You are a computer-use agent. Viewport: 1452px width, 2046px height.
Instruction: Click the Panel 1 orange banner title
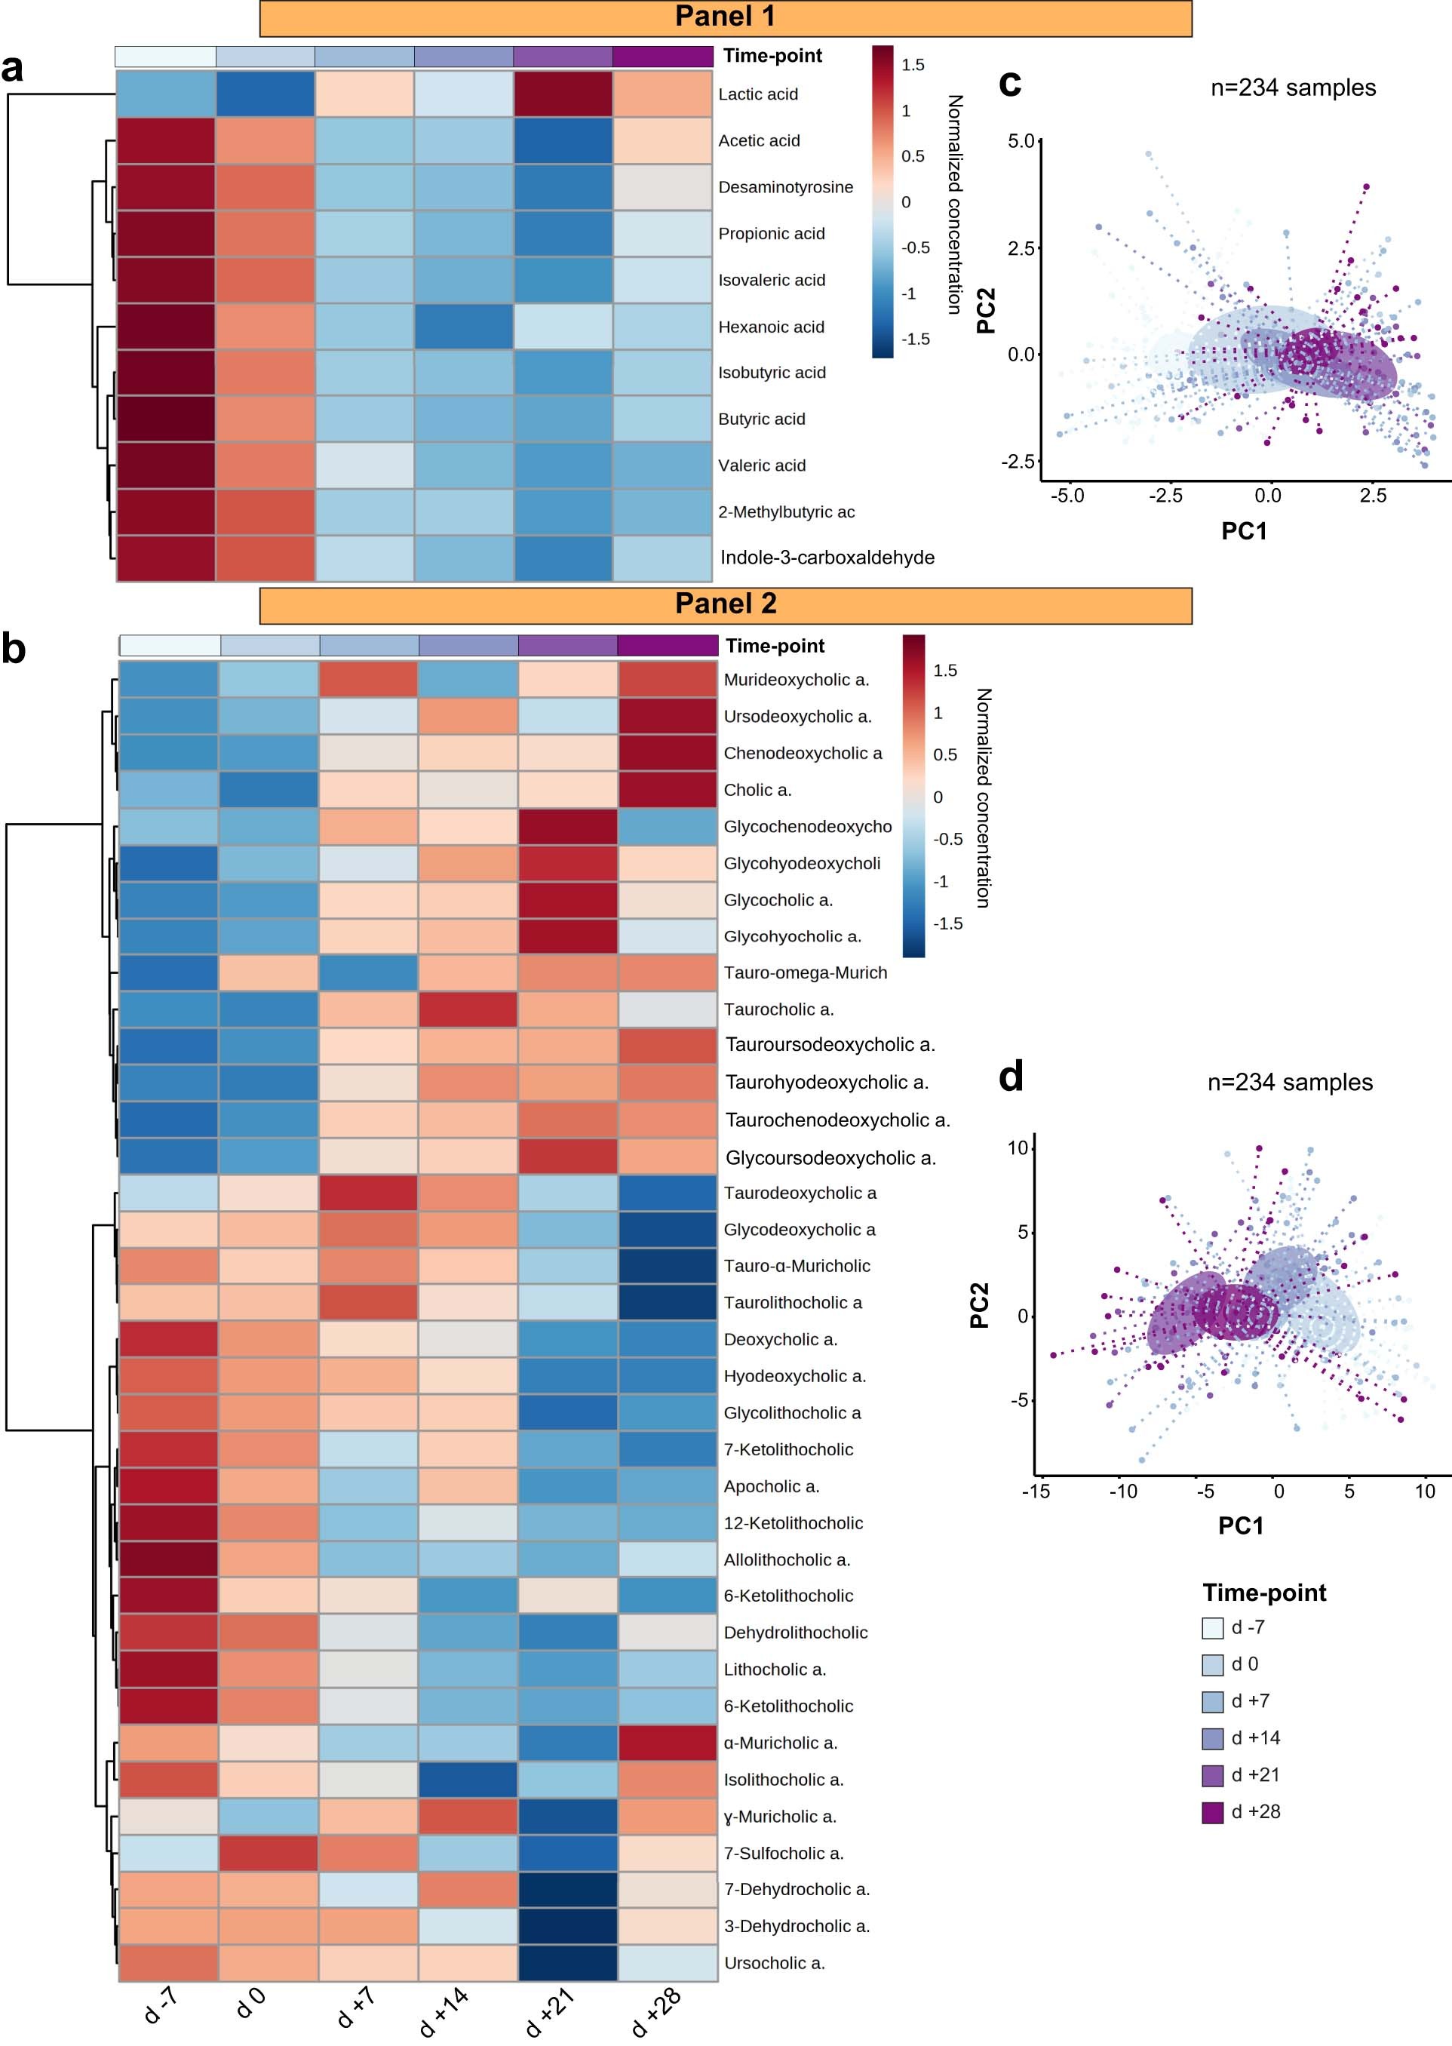coord(724,17)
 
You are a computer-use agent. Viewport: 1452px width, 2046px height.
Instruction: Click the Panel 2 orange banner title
coord(724,604)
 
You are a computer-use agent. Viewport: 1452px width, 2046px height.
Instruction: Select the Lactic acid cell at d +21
coord(563,94)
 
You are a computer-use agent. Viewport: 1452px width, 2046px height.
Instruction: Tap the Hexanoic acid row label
coord(771,327)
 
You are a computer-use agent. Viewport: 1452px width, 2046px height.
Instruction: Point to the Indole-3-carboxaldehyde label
coord(827,557)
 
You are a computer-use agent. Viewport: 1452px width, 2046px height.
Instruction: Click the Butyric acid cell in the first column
coord(165,419)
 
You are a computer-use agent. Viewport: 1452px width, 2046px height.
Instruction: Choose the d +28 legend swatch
coord(1211,1811)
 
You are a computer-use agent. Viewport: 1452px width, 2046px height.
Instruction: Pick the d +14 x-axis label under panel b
coord(444,2012)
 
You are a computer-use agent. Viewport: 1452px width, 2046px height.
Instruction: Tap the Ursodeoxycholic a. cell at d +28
coord(667,715)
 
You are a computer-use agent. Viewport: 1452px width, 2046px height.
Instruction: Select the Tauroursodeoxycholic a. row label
coord(830,1044)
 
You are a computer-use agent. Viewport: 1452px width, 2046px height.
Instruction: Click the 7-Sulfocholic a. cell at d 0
coord(269,1853)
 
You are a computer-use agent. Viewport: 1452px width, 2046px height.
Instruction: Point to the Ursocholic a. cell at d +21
coord(568,1963)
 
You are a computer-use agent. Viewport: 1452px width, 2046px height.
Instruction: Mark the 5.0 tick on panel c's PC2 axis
coord(1020,141)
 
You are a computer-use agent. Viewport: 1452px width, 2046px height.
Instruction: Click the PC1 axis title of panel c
coord(1244,531)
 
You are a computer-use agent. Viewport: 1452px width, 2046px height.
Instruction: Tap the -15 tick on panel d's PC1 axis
coord(1036,1491)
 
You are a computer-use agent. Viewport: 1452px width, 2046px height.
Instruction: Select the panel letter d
coord(1010,1077)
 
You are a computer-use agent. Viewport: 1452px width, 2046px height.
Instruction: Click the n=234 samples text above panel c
coord(1292,88)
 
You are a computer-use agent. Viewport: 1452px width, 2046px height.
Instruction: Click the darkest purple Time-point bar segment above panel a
coord(662,57)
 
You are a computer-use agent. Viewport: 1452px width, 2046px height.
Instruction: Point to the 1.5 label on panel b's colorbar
coord(944,671)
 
